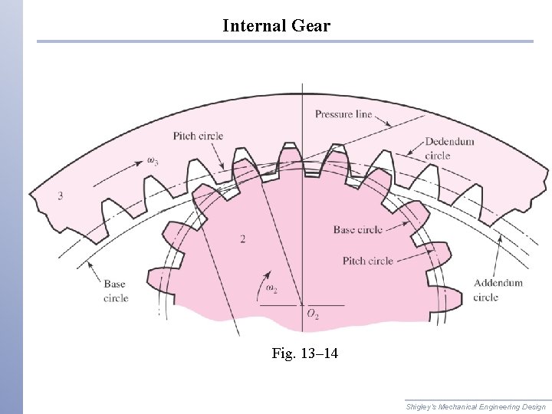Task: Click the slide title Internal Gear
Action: (276, 25)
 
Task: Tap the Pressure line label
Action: (343, 114)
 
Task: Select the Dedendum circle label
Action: (449, 148)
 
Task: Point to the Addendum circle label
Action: (498, 290)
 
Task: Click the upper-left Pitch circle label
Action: (198, 136)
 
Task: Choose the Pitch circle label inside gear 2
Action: (368, 261)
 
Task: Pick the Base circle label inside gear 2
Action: (358, 229)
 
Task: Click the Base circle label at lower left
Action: (116, 291)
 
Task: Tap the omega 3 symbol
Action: (153, 161)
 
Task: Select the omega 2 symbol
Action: (272, 288)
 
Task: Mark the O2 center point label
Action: (313, 314)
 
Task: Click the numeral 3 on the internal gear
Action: (60, 195)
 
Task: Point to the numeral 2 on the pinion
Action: (242, 239)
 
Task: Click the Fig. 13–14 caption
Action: (304, 353)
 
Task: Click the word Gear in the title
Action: (310, 25)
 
